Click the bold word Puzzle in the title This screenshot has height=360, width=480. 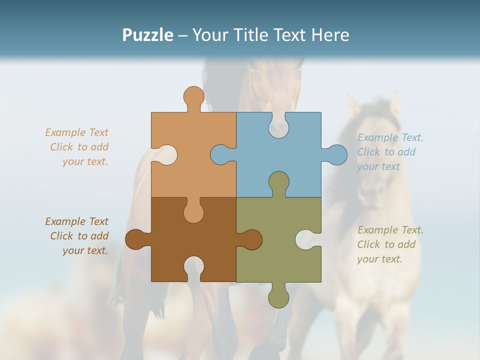(x=148, y=35)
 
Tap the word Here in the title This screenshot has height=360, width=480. (x=330, y=35)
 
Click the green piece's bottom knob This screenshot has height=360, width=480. (x=278, y=297)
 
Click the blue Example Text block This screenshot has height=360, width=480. (x=390, y=152)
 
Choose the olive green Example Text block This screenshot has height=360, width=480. (x=390, y=244)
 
